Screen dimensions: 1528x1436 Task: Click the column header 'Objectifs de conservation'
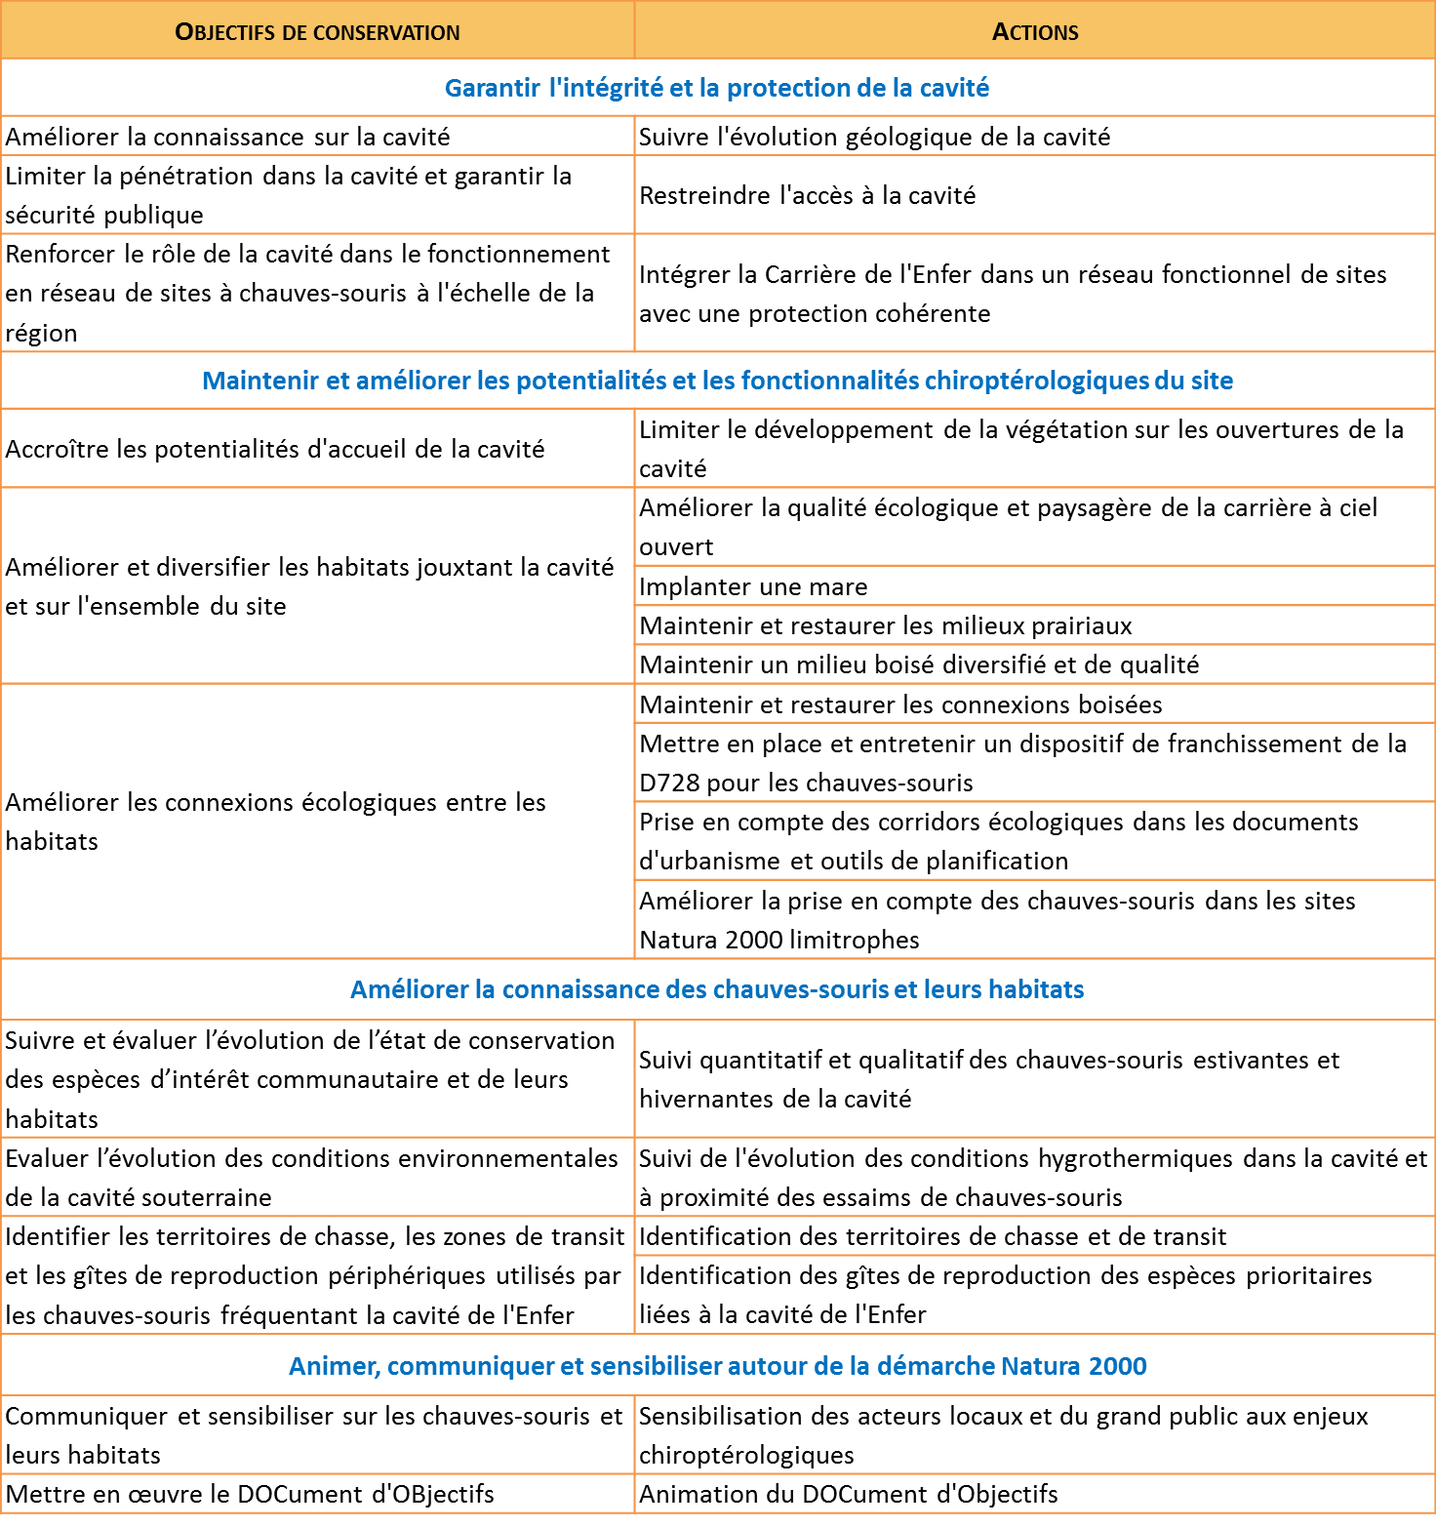coord(317,32)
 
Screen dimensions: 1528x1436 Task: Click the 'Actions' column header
coord(1034,32)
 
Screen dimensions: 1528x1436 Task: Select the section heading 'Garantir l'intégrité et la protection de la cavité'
coord(717,88)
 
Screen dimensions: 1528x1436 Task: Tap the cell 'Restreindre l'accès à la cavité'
coord(808,195)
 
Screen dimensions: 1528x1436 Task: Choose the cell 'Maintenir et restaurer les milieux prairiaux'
coord(886,625)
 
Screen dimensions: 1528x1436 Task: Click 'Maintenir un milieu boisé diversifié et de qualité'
coord(919,664)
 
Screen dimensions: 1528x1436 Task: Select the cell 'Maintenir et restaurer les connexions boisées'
coord(900,704)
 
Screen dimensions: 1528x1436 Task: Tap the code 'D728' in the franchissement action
coord(670,783)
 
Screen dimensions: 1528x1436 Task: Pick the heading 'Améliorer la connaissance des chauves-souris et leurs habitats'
coord(717,989)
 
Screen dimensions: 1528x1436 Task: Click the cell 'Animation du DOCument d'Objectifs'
coord(849,1494)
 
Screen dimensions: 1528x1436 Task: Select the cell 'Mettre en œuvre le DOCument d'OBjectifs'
coord(250,1494)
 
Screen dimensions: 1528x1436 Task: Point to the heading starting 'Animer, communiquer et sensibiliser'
coord(717,1366)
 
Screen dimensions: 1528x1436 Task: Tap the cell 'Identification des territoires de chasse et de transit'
coord(933,1236)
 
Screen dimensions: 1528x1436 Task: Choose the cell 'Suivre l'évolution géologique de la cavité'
coord(874,137)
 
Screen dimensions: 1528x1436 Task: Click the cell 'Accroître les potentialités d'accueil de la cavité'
coord(275,449)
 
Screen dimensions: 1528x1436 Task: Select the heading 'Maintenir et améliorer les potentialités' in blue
coord(717,381)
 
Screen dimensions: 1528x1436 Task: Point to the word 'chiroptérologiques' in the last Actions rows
coord(746,1455)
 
